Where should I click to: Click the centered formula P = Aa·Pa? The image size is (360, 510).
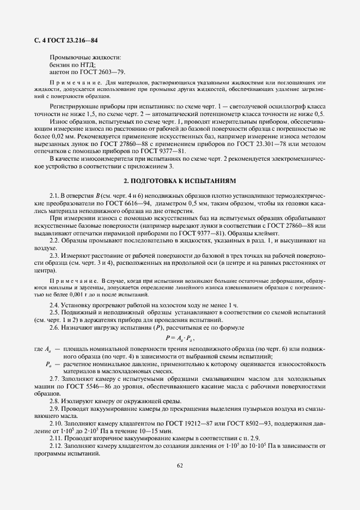180,338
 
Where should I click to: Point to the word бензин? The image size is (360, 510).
60,64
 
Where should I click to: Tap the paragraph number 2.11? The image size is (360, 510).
57,439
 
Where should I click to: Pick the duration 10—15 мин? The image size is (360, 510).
144,431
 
